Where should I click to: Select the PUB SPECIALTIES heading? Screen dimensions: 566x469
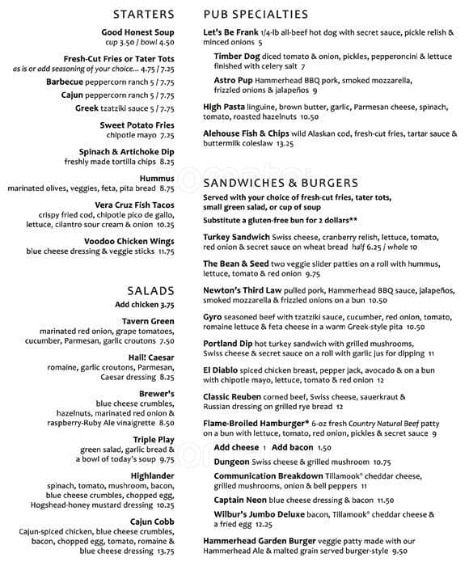tap(256, 14)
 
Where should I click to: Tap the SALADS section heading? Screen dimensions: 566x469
tap(150, 290)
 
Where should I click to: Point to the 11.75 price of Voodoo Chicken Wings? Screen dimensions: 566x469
tap(166, 251)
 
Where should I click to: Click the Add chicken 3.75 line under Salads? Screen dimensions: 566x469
tap(145, 305)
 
